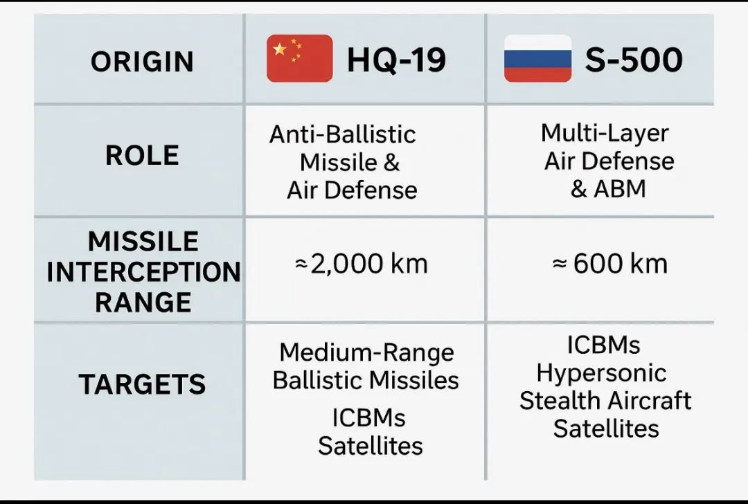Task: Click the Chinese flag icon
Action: point(300,58)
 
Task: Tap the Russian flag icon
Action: point(537,58)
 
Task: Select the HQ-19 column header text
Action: point(396,60)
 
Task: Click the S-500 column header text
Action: point(634,60)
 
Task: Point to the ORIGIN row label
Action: point(142,62)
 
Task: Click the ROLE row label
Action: point(142,156)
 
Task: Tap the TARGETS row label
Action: point(142,384)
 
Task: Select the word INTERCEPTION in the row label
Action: point(143,272)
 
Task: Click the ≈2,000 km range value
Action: point(362,264)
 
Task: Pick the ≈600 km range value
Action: point(609,264)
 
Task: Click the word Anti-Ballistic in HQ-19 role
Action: point(343,134)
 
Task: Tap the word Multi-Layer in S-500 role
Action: point(605,134)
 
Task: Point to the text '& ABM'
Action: point(608,189)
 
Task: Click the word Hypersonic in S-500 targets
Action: point(601,373)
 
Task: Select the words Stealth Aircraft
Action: point(605,401)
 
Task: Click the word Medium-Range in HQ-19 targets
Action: point(366,353)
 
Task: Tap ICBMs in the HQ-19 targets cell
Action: point(368,418)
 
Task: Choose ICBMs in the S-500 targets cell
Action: point(603,345)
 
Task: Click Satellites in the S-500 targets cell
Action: point(606,428)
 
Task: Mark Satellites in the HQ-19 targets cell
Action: point(370,447)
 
